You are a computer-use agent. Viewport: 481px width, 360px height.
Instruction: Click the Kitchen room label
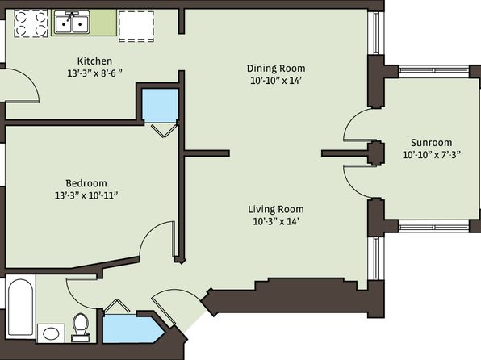point(94,61)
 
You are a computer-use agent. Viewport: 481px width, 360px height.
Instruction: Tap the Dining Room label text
point(276,68)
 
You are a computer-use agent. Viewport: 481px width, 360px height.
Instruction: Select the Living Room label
point(276,209)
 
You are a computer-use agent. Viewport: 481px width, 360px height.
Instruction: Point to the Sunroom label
point(431,143)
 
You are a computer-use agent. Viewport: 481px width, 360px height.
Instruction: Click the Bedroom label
point(86,183)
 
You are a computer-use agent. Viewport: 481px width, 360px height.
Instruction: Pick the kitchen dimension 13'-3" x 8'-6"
point(94,73)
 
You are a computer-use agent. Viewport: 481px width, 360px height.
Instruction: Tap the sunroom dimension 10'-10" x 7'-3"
point(432,155)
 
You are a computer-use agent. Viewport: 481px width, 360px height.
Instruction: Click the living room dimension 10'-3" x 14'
point(276,221)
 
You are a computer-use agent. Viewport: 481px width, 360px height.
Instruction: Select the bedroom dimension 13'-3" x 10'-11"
point(86,195)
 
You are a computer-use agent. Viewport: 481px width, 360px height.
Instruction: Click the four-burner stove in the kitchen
point(31,23)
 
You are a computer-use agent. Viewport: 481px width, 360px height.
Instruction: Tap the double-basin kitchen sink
point(72,22)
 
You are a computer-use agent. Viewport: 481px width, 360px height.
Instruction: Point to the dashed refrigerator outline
point(136,27)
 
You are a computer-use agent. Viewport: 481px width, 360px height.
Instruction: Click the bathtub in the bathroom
point(20,307)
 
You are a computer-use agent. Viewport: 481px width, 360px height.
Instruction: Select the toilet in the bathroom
point(81,328)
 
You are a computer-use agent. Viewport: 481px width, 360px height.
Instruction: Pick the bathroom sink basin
point(51,333)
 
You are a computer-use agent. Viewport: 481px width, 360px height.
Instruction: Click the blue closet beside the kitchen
point(160,106)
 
